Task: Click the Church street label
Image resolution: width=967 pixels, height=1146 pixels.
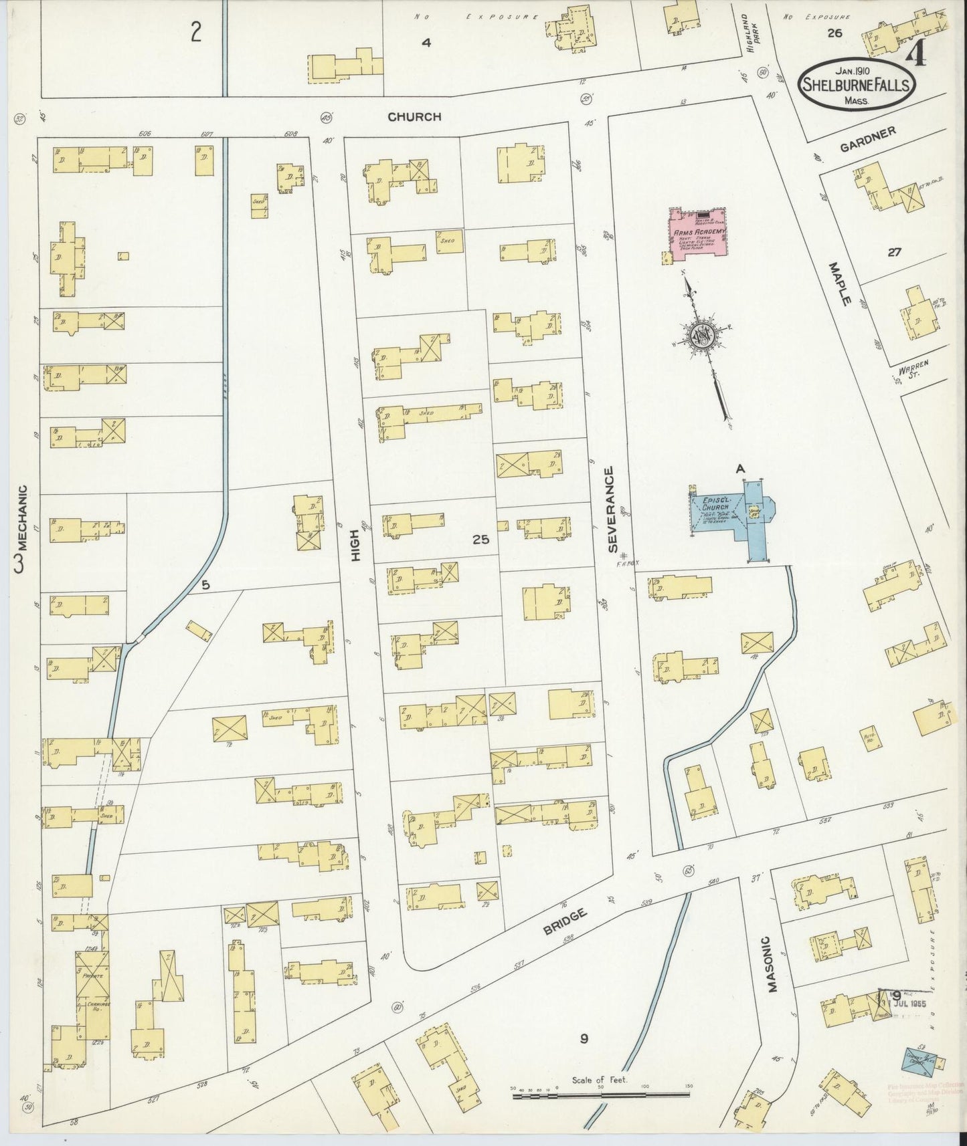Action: click(415, 116)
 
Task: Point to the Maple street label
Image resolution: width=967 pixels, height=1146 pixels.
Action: click(839, 284)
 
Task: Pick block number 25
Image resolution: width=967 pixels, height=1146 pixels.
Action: click(480, 539)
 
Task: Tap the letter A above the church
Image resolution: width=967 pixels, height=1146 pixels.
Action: click(741, 469)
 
